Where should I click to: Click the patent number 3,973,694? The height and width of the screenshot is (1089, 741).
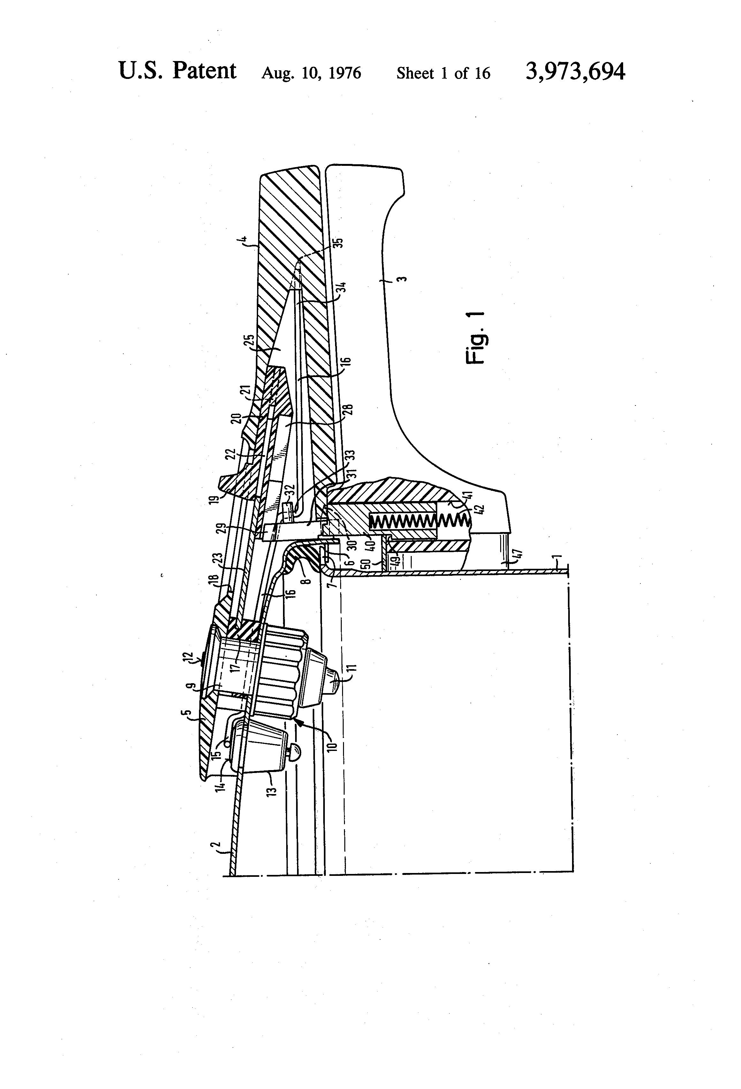coord(575,72)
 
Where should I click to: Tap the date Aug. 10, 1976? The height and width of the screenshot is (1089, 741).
coord(311,73)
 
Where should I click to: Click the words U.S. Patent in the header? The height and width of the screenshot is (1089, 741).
coord(178,71)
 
